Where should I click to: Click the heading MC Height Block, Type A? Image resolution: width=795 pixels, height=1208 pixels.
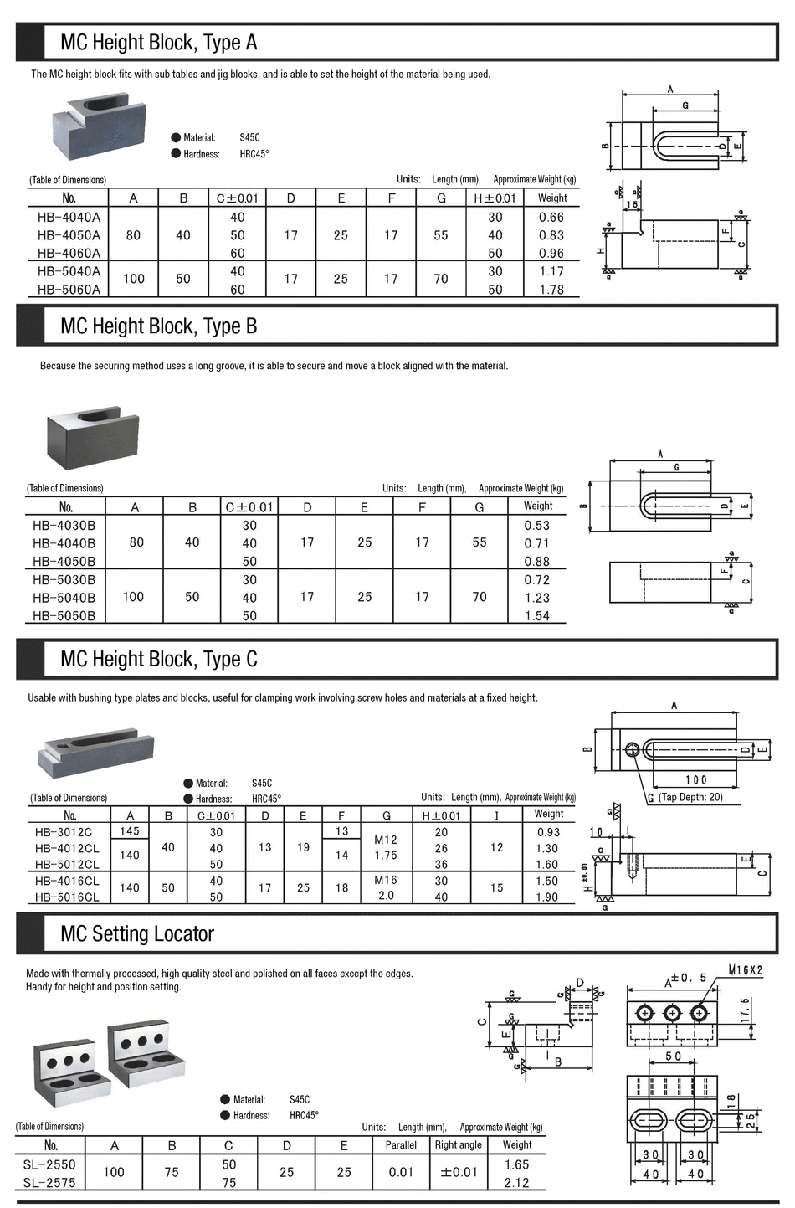click(x=158, y=43)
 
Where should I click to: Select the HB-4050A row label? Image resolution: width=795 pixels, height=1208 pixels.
click(x=69, y=235)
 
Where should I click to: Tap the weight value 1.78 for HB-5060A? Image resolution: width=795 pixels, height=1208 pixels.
click(x=551, y=290)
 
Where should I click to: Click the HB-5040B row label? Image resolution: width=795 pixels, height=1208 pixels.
click(x=64, y=598)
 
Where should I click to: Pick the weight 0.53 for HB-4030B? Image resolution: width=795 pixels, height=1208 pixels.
click(x=536, y=526)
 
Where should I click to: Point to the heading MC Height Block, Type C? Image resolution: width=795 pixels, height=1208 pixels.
click(x=158, y=660)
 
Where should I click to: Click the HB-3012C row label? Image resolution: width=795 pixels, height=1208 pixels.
click(x=64, y=832)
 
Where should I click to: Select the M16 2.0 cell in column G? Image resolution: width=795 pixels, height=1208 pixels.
click(x=386, y=887)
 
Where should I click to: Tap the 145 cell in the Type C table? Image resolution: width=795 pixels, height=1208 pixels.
click(x=130, y=830)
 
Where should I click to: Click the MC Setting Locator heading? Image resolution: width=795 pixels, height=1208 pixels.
click(x=137, y=934)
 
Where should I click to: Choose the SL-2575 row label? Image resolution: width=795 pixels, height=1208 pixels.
click(x=49, y=1183)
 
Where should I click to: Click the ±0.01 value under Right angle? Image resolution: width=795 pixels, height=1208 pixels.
click(x=459, y=1172)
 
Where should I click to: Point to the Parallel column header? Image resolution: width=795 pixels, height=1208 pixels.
click(x=401, y=1144)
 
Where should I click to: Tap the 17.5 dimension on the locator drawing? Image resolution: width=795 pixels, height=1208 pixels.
click(x=746, y=1008)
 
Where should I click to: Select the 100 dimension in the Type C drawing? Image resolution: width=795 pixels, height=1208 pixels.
click(x=695, y=779)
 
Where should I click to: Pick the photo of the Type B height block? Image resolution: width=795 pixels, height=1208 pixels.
click(x=92, y=437)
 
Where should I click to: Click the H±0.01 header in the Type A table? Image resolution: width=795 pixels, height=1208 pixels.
click(x=495, y=198)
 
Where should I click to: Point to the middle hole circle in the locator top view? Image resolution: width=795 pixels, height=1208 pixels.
click(x=671, y=1014)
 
